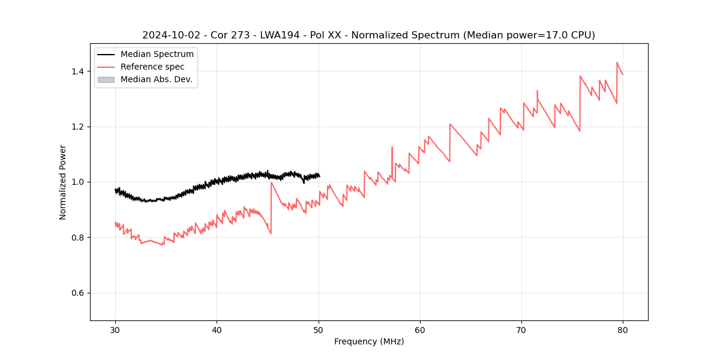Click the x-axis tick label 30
(115, 329)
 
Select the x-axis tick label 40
(217, 329)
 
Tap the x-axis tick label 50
(319, 329)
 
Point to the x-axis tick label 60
(420, 329)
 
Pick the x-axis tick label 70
(521, 329)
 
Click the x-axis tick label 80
(623, 329)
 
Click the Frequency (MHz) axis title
(369, 341)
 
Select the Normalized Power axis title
(63, 182)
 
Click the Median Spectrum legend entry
(157, 55)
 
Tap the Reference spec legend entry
(152, 67)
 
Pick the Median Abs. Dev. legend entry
(156, 79)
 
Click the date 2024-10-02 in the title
(169, 35)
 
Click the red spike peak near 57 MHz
(392, 147)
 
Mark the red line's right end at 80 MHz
(623, 74)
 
